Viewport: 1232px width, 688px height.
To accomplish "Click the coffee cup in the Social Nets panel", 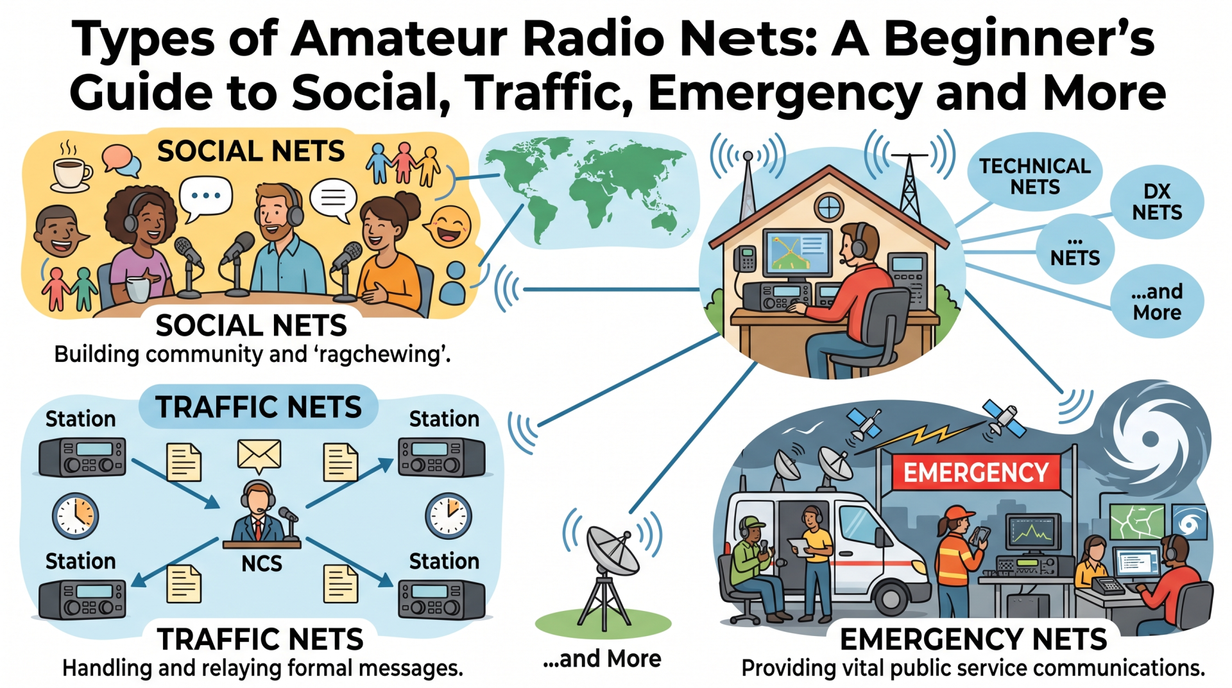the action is tap(72, 173).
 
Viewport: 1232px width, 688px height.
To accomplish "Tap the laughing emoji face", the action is tap(450, 226).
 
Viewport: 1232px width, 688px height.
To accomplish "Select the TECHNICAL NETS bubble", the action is tap(1034, 176).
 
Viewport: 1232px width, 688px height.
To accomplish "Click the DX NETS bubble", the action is tap(1156, 202).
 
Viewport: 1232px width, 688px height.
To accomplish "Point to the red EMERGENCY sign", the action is tap(976, 472).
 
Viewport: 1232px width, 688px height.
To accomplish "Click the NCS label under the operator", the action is tap(261, 563).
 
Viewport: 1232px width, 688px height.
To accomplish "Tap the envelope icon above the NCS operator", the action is tap(259, 455).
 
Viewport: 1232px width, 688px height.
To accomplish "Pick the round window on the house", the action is tap(828, 207).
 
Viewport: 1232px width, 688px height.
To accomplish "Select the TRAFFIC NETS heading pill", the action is tap(259, 407).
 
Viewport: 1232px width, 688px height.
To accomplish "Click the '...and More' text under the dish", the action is tap(602, 658).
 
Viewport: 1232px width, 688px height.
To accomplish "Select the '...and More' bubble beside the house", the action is tap(1157, 302).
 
